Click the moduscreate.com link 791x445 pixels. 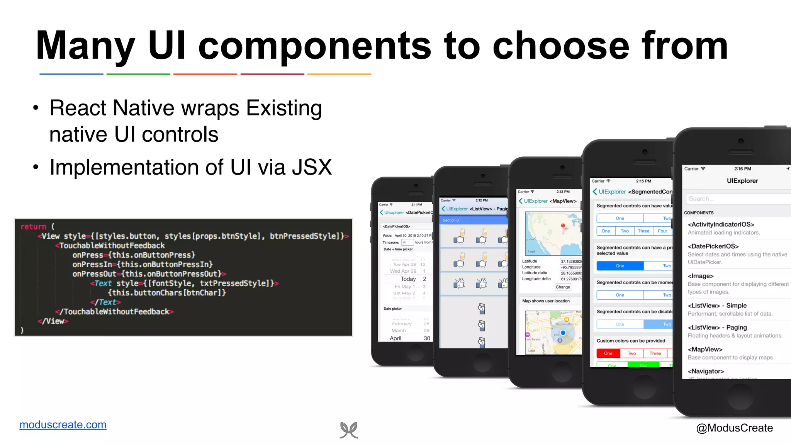pyautogui.click(x=63, y=425)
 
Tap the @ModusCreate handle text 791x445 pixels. pyautogui.click(x=734, y=428)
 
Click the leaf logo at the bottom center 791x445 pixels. pyautogui.click(x=349, y=430)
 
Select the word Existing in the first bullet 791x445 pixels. pyautogui.click(x=284, y=108)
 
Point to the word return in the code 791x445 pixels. pyautogui.click(x=33, y=227)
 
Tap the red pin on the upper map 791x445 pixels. pyautogui.click(x=563, y=226)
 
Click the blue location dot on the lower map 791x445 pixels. pyautogui.click(x=563, y=333)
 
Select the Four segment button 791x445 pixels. pyautogui.click(x=662, y=231)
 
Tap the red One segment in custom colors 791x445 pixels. pyautogui.click(x=608, y=353)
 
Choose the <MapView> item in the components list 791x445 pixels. pyautogui.click(x=705, y=349)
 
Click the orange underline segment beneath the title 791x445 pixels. pyautogui.click(x=339, y=74)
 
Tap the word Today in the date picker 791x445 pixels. pyautogui.click(x=408, y=279)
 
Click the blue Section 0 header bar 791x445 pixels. pyautogui.click(x=474, y=220)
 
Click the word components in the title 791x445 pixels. pyautogui.click(x=314, y=46)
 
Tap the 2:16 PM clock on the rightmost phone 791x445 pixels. pyautogui.click(x=742, y=169)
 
